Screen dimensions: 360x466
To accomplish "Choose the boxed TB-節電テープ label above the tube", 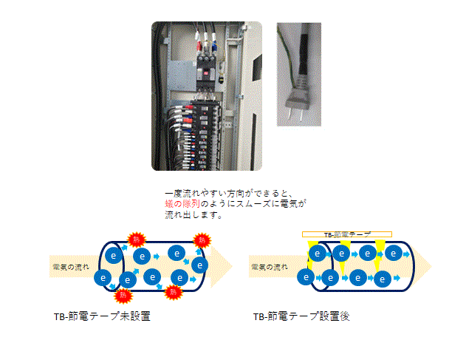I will tap(347, 234).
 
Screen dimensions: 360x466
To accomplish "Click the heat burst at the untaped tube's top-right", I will tap(200, 240).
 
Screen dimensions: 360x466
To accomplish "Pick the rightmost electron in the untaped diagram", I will tap(199, 263).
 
